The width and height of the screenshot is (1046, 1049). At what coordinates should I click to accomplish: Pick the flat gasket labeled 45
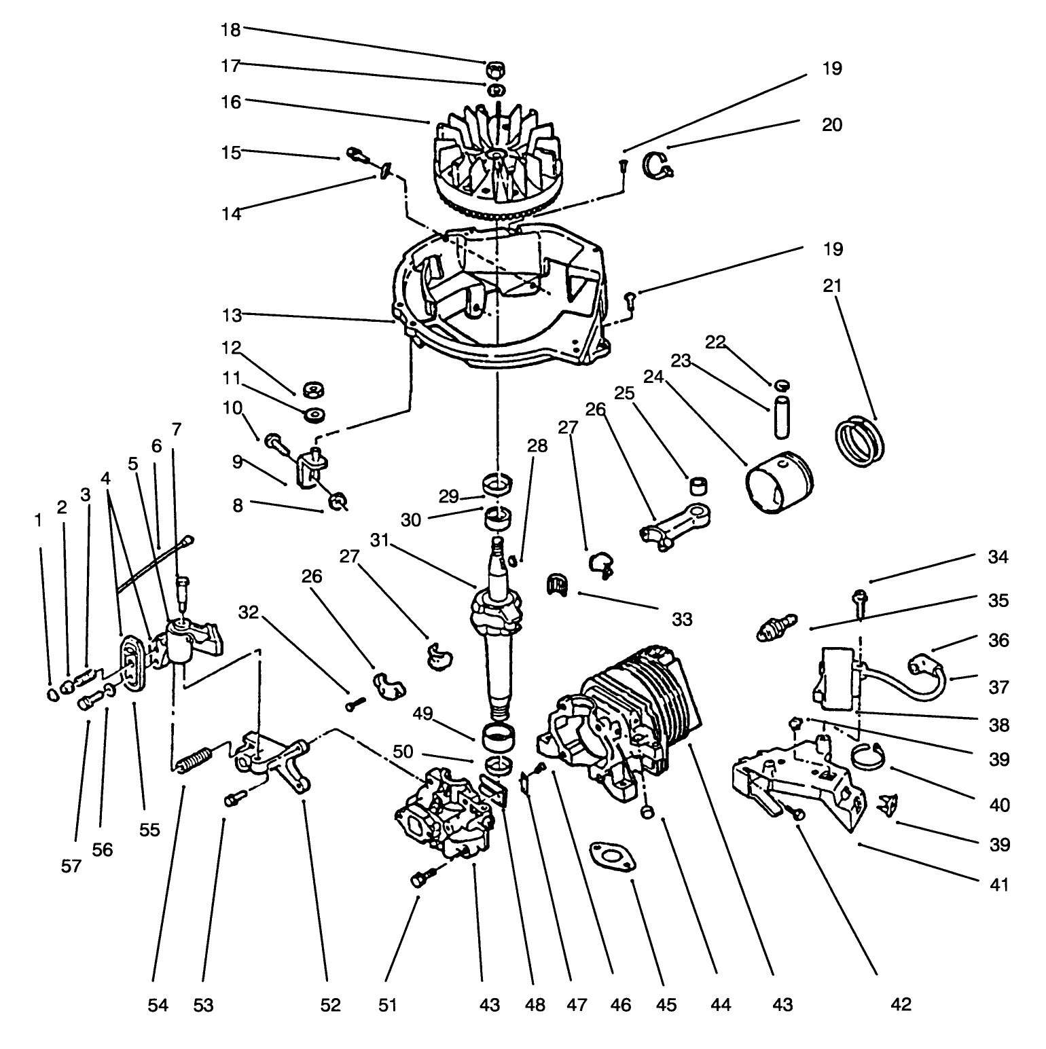pyautogui.click(x=612, y=856)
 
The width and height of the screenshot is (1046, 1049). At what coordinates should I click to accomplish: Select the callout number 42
pyautogui.click(x=901, y=1004)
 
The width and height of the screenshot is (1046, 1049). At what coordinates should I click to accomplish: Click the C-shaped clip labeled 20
pyautogui.click(x=656, y=165)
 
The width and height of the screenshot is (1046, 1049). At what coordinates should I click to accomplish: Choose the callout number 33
pyautogui.click(x=681, y=619)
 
